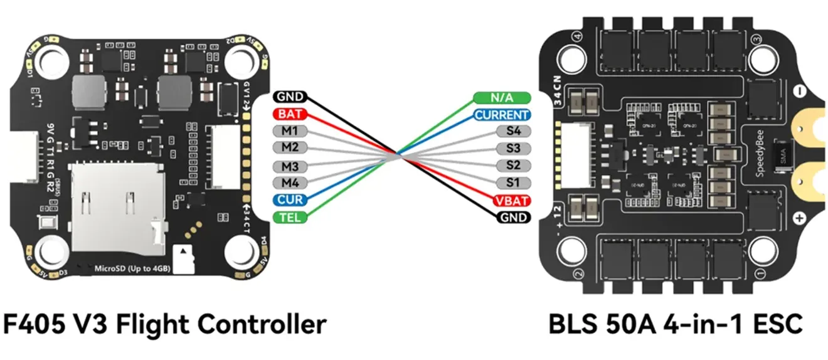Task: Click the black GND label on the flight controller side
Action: (x=289, y=97)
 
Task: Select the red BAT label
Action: (x=289, y=114)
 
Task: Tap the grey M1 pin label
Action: (x=289, y=132)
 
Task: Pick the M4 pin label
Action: (x=289, y=183)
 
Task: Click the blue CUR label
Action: (x=289, y=200)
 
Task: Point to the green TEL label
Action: (x=289, y=217)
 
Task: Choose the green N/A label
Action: (x=501, y=98)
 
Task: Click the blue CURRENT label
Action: (x=501, y=115)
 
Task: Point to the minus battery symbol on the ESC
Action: (x=799, y=91)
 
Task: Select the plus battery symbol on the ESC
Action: (x=799, y=218)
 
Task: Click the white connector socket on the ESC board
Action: (x=575, y=154)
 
